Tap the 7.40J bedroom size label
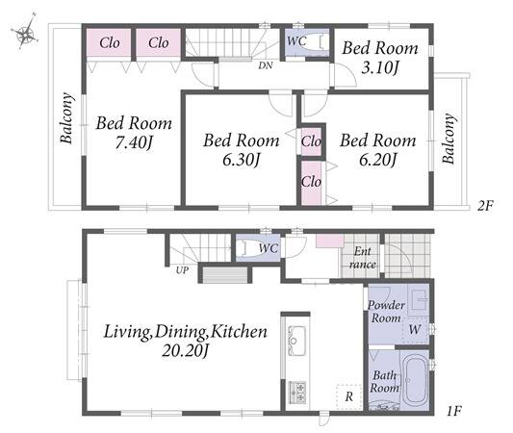tap(134, 142)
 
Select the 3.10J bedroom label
tap(380, 67)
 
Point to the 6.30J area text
tap(242, 160)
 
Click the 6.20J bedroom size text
tap(378, 160)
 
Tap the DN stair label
tap(266, 65)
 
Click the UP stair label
tap(182, 270)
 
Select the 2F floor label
tap(484, 206)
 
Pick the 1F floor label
tap(454, 411)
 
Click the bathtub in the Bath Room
tap(414, 380)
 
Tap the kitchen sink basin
tap(296, 341)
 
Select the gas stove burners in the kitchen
tap(297, 393)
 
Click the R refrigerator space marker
tap(349, 396)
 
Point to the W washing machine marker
tap(415, 329)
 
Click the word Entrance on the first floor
tap(363, 258)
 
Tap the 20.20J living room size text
tap(186, 351)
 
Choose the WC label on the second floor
tap(296, 41)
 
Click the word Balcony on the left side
tap(66, 118)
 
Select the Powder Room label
tap(386, 312)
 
